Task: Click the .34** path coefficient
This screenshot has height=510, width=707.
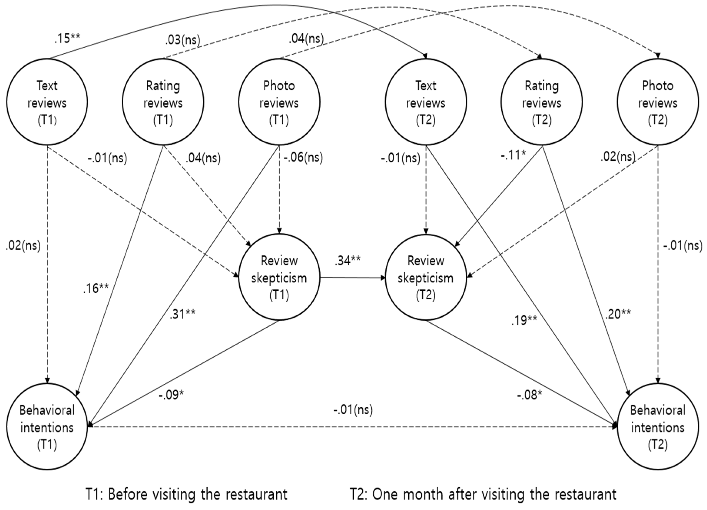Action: pyautogui.click(x=348, y=260)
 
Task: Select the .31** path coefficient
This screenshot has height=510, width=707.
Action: pyautogui.click(x=182, y=314)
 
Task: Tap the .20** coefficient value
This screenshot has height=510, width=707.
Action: pyautogui.click(x=618, y=314)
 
